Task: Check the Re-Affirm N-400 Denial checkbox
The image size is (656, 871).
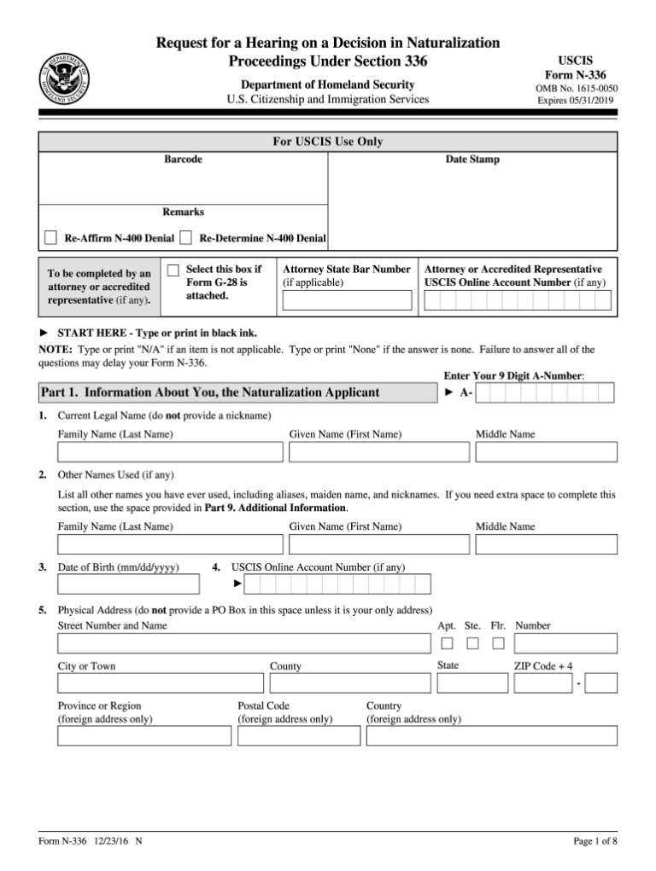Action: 50,238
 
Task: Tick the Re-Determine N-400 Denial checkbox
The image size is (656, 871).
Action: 185,238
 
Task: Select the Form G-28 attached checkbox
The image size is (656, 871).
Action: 173,270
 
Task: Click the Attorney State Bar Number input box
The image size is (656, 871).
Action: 347,300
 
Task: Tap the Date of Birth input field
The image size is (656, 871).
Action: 128,584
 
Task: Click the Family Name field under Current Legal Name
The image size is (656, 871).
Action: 169,451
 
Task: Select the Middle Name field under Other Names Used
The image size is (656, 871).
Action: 546,543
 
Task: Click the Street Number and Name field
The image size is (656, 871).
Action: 243,643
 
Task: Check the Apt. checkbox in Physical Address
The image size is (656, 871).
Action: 447,643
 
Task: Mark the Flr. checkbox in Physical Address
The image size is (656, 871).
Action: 498,643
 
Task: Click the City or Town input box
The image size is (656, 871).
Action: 161,682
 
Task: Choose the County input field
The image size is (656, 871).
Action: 349,682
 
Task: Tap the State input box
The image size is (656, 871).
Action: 471,682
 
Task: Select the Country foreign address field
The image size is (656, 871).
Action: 491,735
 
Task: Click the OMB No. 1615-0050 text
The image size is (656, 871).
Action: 577,89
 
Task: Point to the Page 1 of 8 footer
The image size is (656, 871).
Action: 594,842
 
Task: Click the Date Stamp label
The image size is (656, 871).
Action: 472,160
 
